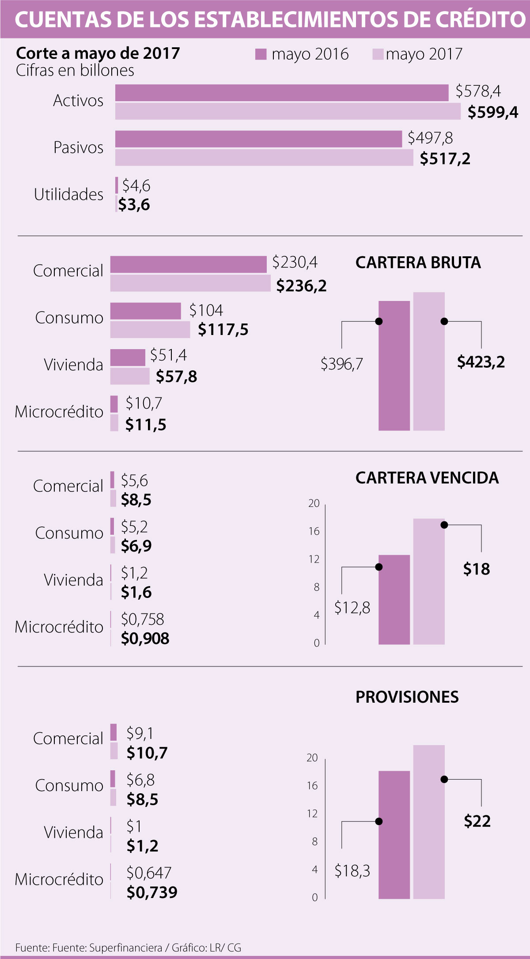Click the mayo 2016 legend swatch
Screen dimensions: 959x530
pos(261,54)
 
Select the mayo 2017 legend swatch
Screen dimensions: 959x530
pos(378,54)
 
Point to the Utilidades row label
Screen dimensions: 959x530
pos(69,194)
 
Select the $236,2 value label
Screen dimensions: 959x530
pos(302,286)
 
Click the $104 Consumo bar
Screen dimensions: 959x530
pos(146,311)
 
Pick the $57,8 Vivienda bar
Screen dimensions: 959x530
pos(130,376)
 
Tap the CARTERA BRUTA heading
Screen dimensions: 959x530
pos(418,263)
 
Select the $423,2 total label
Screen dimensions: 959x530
pos(481,362)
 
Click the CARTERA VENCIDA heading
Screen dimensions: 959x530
pos(427,478)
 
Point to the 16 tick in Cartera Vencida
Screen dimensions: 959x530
pos(314,531)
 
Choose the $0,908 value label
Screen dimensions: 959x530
pos(145,638)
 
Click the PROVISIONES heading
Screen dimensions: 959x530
pos(407,697)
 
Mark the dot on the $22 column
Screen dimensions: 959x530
pos(444,779)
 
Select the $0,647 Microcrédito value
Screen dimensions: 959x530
pos(149,873)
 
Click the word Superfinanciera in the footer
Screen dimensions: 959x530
pos(125,948)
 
